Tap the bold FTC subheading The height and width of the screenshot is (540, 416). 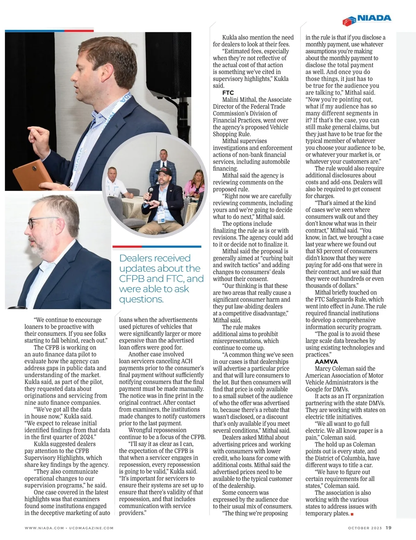[228, 93]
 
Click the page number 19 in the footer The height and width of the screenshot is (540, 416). [389, 528]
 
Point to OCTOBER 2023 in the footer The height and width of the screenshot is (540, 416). [365, 528]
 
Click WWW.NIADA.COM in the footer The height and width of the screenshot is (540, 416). [44, 528]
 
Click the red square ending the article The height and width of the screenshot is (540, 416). [352, 514]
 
